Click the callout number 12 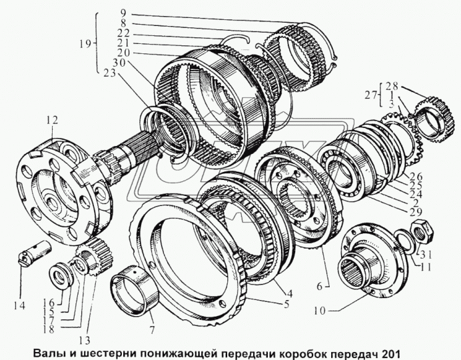point(52,120)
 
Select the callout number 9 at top point(122,12)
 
